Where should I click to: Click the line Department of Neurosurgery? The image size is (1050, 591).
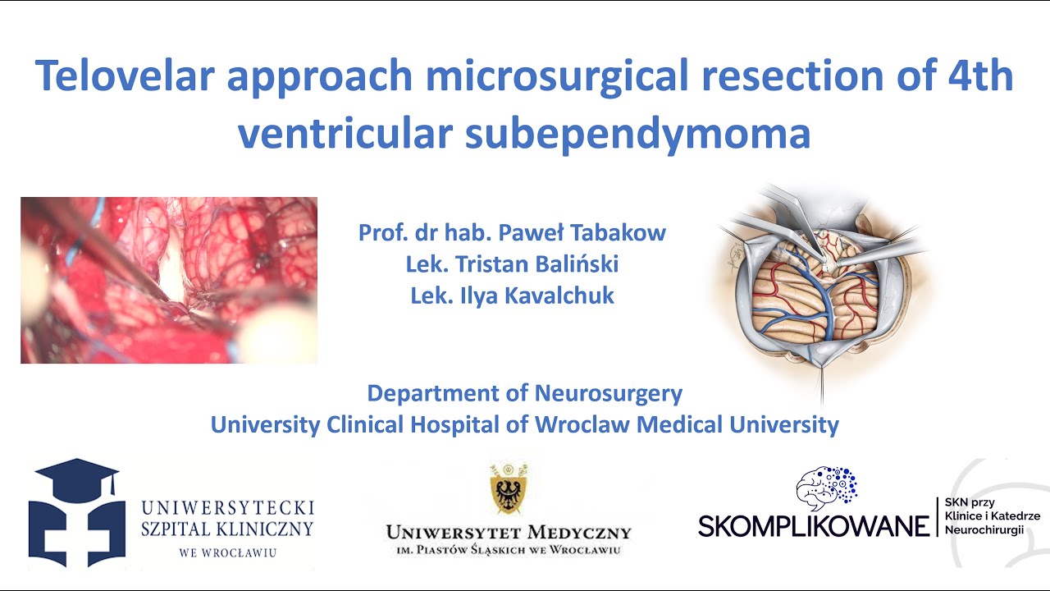tap(524, 393)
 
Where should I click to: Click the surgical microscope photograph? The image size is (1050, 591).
tap(169, 280)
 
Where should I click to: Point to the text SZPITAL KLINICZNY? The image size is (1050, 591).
tap(227, 529)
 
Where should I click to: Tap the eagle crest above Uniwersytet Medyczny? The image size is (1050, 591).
tap(508, 489)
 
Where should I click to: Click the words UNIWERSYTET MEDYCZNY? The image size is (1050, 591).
tap(509, 533)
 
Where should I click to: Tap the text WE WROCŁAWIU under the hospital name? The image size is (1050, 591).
tap(227, 552)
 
